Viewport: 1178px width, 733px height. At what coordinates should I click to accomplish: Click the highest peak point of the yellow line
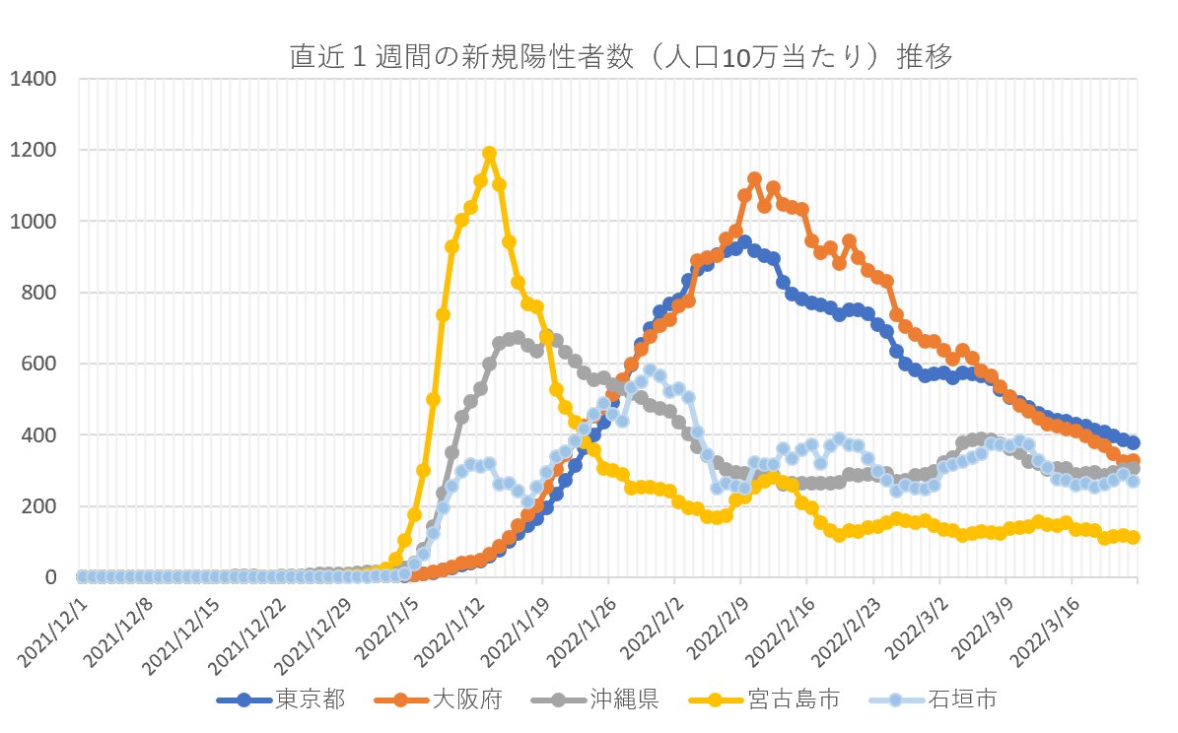tap(489, 154)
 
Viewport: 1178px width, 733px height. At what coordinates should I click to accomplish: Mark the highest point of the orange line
tap(754, 179)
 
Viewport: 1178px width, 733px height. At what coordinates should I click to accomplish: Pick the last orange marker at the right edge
tap(1133, 461)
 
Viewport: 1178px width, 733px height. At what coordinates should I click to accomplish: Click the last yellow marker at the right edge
tap(1133, 537)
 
